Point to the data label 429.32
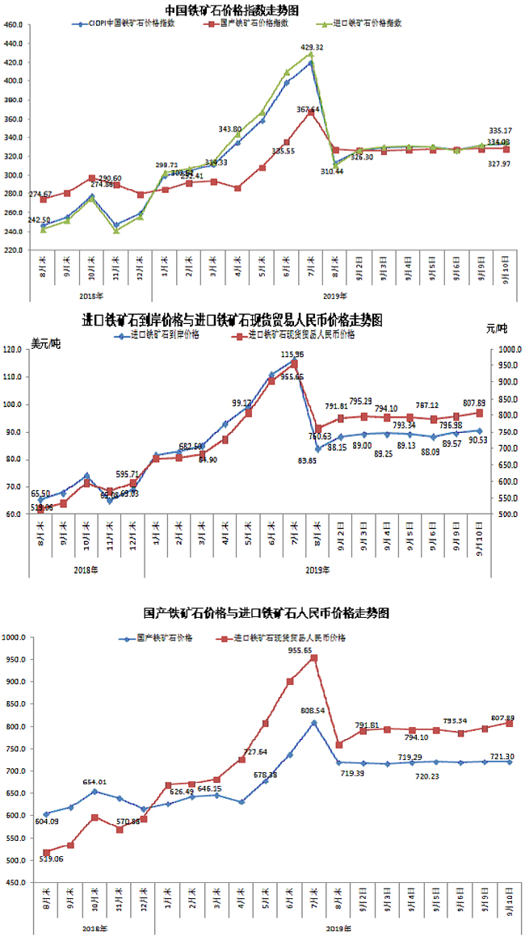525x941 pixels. [313, 48]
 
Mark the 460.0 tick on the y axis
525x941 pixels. [13, 24]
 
